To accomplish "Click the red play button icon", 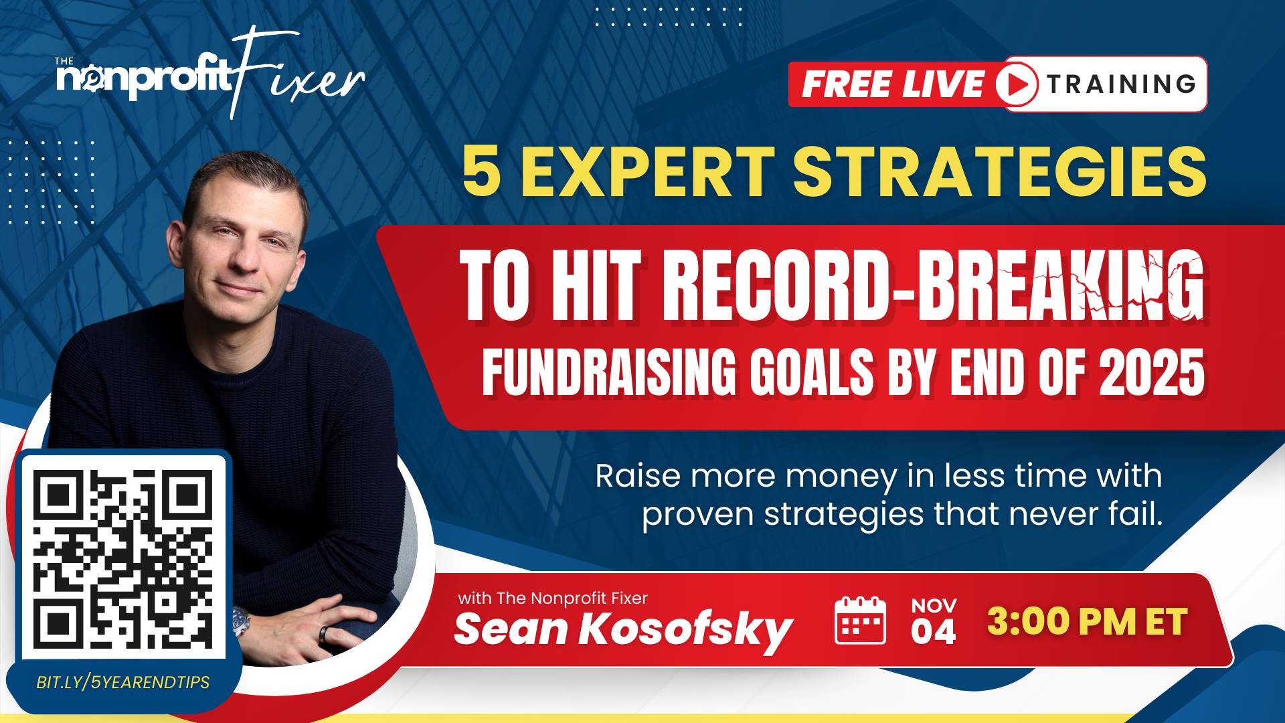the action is (1017, 84).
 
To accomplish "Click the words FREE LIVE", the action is (893, 84).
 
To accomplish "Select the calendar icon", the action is (861, 620).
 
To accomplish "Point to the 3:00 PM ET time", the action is (1087, 621).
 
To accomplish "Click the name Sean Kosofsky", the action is (623, 630).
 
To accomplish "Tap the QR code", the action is (123, 555).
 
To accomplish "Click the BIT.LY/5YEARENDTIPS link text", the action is (123, 682).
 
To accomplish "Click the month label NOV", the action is (934, 606).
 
